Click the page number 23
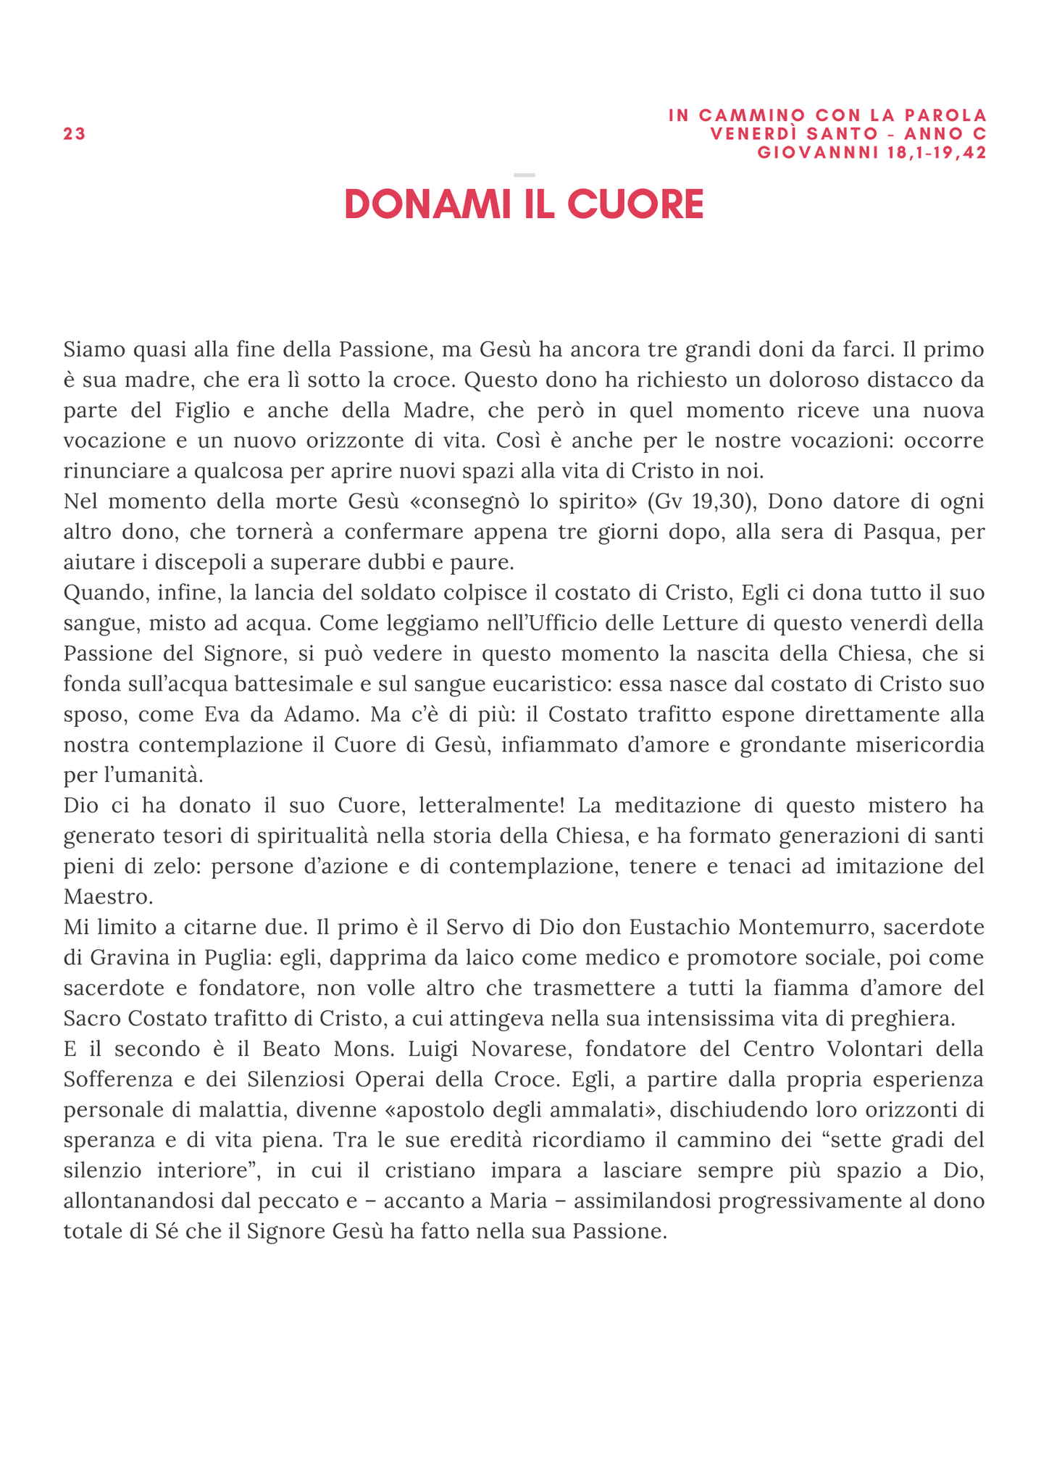(x=74, y=134)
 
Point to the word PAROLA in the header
(x=948, y=115)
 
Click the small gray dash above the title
(x=524, y=175)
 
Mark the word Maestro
(x=108, y=897)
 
